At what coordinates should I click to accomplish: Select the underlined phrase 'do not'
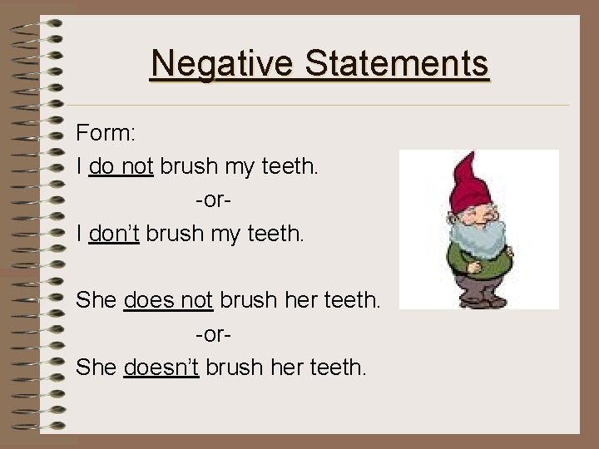click(121, 166)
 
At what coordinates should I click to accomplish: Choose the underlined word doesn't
click(161, 367)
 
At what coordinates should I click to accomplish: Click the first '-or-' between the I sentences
click(214, 200)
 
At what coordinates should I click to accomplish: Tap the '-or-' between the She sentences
click(214, 333)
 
